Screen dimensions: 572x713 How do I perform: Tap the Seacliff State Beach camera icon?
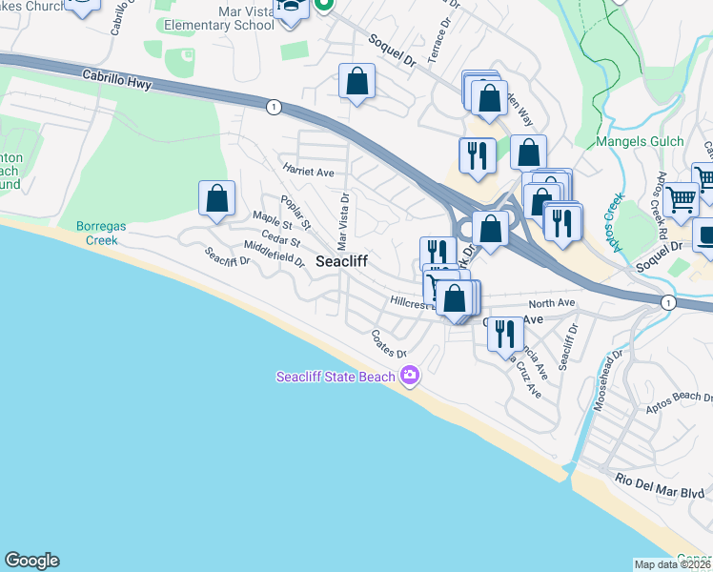tap(411, 377)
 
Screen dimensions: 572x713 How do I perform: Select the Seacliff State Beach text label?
tap(335, 377)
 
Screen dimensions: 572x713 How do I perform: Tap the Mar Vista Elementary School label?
tap(206, 17)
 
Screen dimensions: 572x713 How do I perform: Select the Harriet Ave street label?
tap(308, 172)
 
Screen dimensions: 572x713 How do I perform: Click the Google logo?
tap(31, 561)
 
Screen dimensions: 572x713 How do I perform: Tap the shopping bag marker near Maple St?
tap(216, 198)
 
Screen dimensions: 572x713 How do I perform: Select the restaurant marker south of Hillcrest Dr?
tap(504, 334)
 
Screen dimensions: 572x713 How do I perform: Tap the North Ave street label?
tap(559, 303)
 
